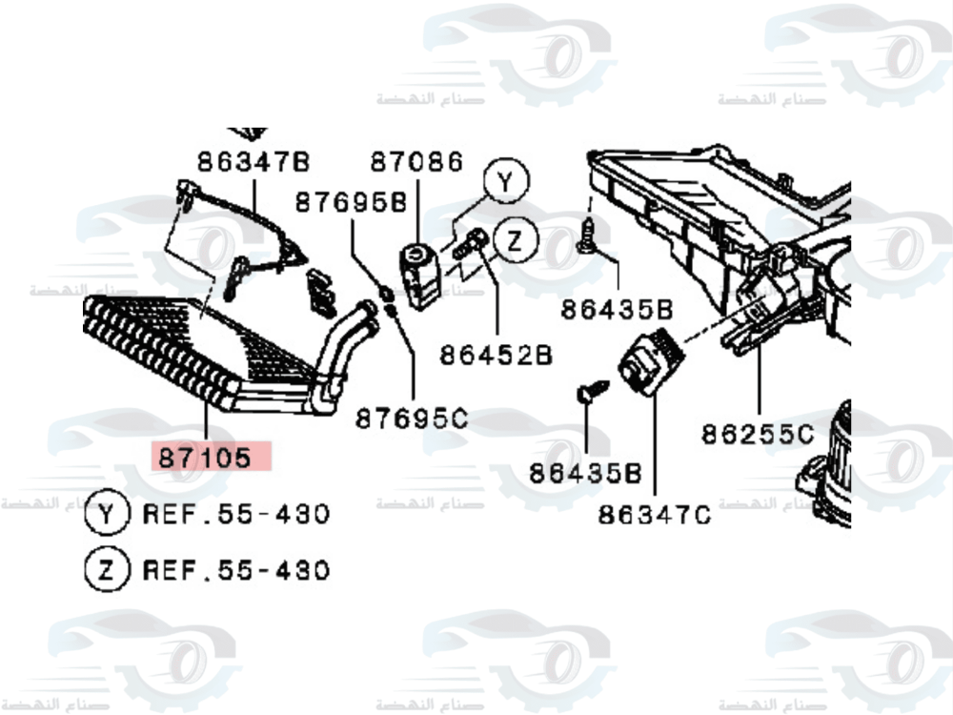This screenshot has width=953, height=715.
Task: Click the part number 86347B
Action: [254, 161]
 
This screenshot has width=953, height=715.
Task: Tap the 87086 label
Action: [416, 161]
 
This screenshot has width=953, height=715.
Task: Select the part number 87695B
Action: [350, 202]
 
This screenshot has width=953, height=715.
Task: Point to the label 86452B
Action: [496, 355]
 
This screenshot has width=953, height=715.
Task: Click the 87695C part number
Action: [412, 418]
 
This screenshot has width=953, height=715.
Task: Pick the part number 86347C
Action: [655, 515]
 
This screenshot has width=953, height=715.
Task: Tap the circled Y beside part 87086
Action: [506, 182]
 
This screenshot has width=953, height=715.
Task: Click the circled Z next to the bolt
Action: [515, 240]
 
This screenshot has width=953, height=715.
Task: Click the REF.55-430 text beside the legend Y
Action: [236, 515]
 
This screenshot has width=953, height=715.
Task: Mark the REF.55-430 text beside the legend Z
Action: [236, 570]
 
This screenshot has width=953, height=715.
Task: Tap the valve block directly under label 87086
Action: [418, 274]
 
